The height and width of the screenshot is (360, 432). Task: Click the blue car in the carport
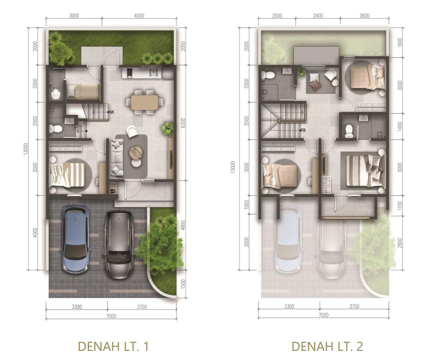[x=76, y=239]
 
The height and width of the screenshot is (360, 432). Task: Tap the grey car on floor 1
[x=119, y=245]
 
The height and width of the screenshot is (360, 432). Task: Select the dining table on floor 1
[x=144, y=102]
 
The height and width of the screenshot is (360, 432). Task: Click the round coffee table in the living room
[x=136, y=152]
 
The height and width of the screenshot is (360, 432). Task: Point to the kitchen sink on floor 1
[x=153, y=73]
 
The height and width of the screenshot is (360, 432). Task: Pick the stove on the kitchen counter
[x=129, y=73]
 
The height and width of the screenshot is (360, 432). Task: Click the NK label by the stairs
[x=111, y=112]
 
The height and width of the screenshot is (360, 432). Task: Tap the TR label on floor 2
[x=303, y=130]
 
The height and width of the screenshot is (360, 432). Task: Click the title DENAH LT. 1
[x=113, y=346]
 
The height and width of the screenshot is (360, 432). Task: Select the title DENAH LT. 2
[x=327, y=346]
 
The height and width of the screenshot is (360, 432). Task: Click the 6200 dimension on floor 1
[x=183, y=122]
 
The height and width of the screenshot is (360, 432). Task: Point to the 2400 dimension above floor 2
[x=318, y=16]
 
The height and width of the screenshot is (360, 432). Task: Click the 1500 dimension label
[x=183, y=284]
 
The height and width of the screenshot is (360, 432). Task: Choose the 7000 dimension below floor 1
[x=111, y=316]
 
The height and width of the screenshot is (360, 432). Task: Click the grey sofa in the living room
[x=117, y=157]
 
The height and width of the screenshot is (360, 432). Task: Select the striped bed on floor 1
[x=68, y=175]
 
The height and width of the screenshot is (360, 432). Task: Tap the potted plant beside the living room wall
[x=168, y=129]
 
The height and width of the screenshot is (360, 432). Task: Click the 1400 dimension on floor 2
[x=400, y=127]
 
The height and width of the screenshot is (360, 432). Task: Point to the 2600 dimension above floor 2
[x=364, y=16]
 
